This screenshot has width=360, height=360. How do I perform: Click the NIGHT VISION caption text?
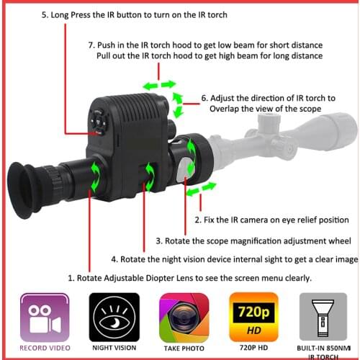click(113, 348)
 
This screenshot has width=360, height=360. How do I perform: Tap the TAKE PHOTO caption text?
click(183, 348)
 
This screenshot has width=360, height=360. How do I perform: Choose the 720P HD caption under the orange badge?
click(253, 348)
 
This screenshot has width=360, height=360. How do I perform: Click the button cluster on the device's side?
click(98, 123)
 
